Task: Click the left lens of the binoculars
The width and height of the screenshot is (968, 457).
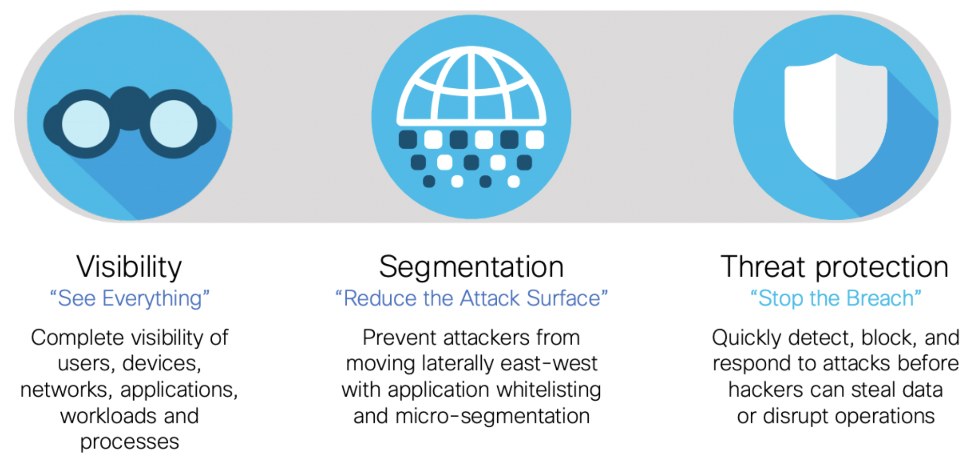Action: (x=86, y=124)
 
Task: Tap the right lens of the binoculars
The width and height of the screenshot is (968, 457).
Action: (x=174, y=124)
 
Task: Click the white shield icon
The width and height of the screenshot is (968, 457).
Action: (x=836, y=117)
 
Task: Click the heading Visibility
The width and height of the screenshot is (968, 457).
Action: (x=129, y=267)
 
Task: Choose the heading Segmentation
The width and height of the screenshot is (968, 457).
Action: (x=471, y=267)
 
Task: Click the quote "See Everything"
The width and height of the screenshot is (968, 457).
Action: (x=129, y=299)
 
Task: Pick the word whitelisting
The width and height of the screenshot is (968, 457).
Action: (x=549, y=390)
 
